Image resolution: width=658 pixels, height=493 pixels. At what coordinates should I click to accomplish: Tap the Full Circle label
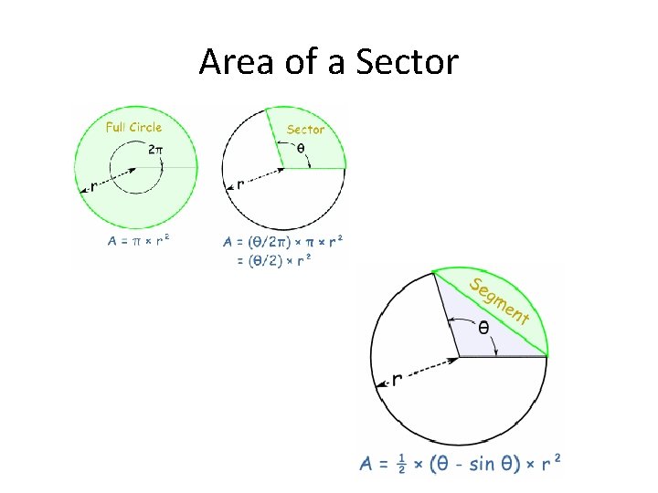pos(133,127)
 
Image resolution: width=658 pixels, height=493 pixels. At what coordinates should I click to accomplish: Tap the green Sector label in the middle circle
pos(305,130)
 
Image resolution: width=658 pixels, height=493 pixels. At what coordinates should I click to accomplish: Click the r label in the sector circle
pos(240,184)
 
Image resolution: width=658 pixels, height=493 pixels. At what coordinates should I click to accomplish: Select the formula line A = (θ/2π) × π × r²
pos(283,243)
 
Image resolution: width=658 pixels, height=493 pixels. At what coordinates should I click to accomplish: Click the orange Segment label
pos(499,300)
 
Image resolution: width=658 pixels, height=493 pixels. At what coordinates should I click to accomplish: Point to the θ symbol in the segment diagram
pos(483,326)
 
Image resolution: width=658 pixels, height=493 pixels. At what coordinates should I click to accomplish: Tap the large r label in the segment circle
pos(397,378)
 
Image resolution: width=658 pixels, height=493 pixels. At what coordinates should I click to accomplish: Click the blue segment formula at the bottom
pos(460,464)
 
